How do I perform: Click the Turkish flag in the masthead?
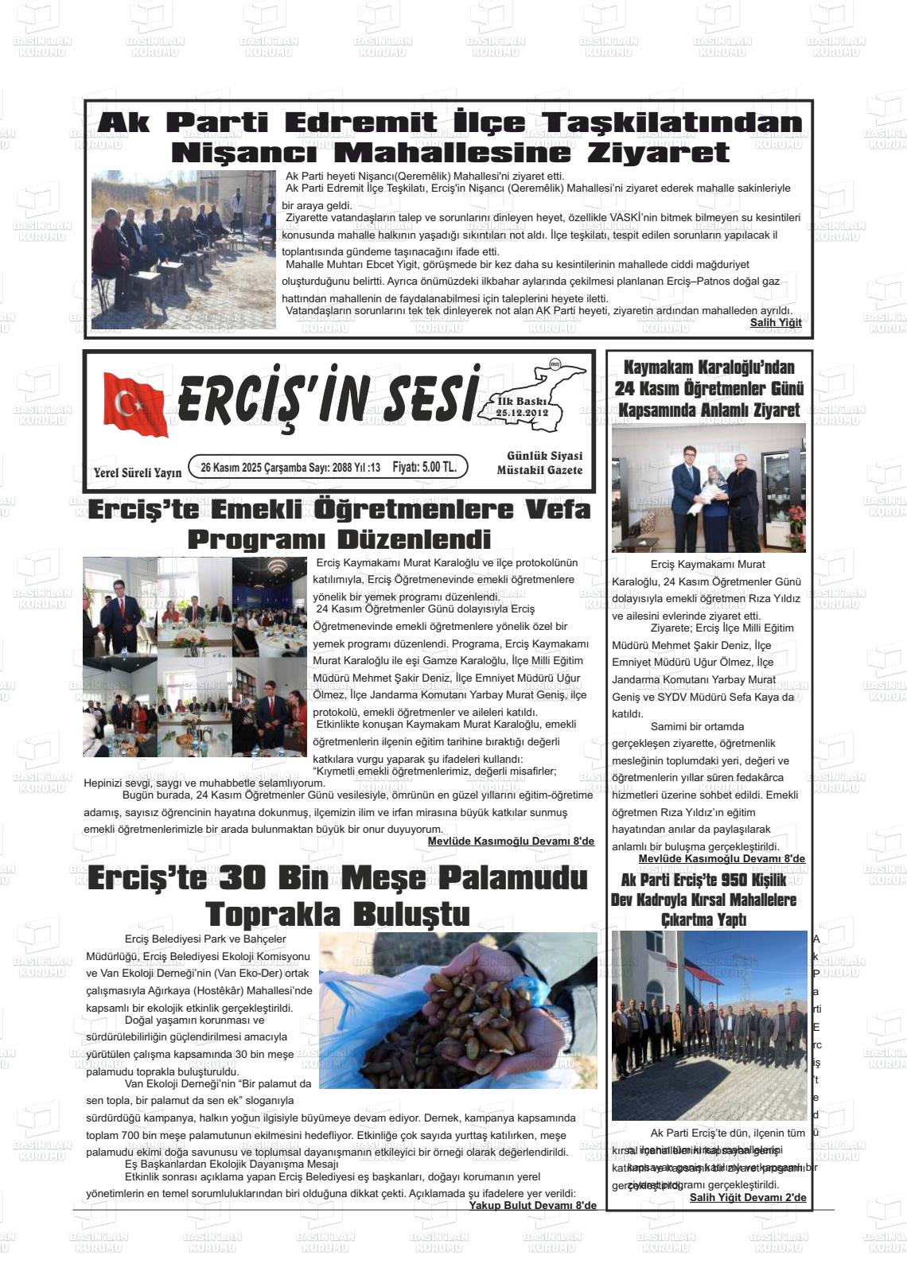[x=135, y=404]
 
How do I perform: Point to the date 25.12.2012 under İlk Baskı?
[x=522, y=414]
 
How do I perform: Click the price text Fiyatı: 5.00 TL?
[x=424, y=467]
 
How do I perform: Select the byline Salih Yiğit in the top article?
[x=775, y=322]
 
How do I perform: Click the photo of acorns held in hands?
[x=457, y=1009]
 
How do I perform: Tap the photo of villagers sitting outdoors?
[x=183, y=249]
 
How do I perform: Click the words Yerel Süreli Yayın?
[x=137, y=472]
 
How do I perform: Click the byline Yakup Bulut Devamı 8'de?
[x=531, y=1205]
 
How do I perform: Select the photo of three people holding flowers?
[x=708, y=488]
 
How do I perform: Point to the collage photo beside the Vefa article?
[x=194, y=646]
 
